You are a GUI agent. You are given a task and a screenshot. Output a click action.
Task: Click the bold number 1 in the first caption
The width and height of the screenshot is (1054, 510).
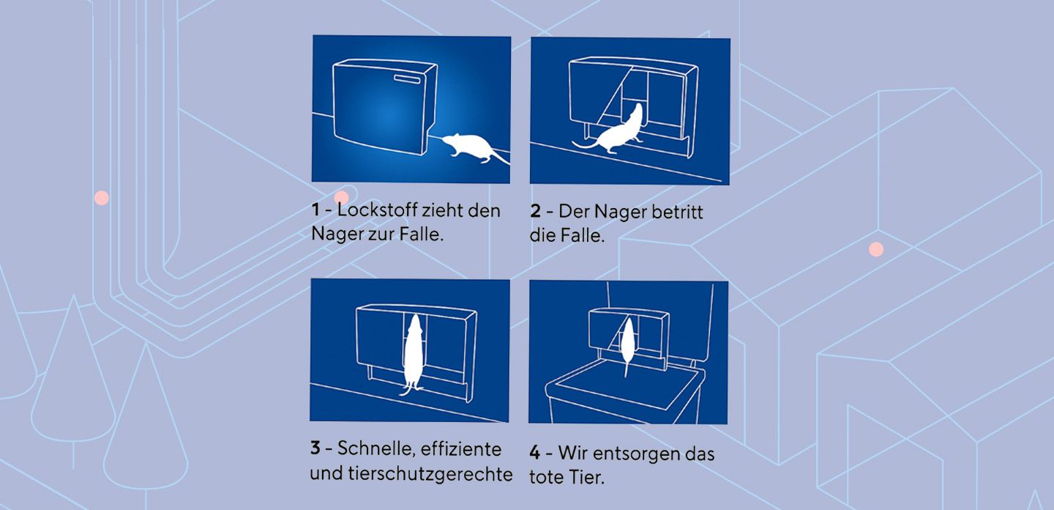coord(315,210)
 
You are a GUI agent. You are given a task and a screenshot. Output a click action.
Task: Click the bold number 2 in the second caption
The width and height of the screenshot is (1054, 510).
coord(536,212)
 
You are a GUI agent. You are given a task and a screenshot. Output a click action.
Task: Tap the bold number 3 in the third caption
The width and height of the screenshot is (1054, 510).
coord(315,448)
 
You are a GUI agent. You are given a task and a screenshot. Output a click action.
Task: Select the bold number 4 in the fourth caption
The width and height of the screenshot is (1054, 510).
coord(534,453)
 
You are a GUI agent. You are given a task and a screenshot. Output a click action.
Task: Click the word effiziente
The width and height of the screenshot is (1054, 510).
coord(461,448)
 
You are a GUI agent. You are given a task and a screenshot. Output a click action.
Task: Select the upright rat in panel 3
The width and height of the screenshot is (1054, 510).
coord(413,355)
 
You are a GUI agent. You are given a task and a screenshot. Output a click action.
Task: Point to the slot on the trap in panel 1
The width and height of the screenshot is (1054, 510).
coord(407,78)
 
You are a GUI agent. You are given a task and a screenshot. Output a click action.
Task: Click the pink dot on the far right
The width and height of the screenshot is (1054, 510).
coord(875,249)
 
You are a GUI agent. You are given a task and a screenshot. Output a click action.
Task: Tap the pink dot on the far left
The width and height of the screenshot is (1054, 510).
coord(102,198)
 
